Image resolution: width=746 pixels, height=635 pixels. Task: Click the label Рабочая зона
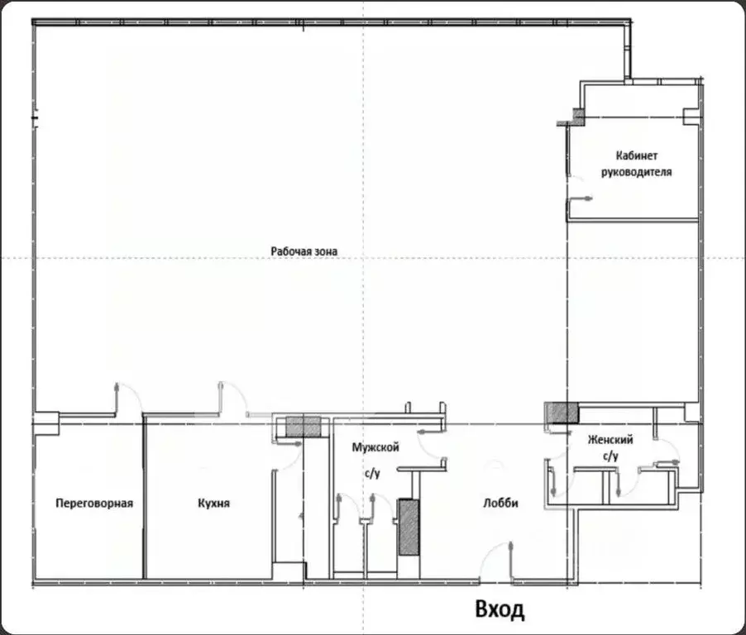click(x=304, y=251)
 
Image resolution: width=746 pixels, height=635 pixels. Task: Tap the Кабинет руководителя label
click(x=637, y=164)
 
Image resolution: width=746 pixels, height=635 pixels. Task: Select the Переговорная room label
click(x=94, y=503)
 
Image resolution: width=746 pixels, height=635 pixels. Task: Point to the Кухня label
click(x=213, y=503)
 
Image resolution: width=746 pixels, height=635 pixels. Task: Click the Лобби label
click(x=500, y=503)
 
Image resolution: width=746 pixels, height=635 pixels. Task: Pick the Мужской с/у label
click(x=375, y=460)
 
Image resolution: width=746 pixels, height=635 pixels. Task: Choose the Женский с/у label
click(x=610, y=447)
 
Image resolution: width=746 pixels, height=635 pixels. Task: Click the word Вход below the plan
click(x=500, y=609)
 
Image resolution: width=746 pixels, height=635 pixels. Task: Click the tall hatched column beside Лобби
click(x=409, y=527)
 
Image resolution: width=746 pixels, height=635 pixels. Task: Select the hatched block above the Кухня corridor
click(x=304, y=427)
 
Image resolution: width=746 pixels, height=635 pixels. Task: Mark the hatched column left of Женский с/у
click(x=562, y=413)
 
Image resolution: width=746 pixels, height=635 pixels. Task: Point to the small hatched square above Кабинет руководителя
click(x=578, y=117)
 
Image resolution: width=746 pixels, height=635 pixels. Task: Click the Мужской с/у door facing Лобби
click(x=428, y=445)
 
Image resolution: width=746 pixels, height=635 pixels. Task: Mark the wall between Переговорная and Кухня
click(x=144, y=497)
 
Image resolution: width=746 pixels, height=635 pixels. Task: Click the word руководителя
click(x=637, y=172)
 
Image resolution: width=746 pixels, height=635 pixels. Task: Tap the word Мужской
click(x=375, y=447)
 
